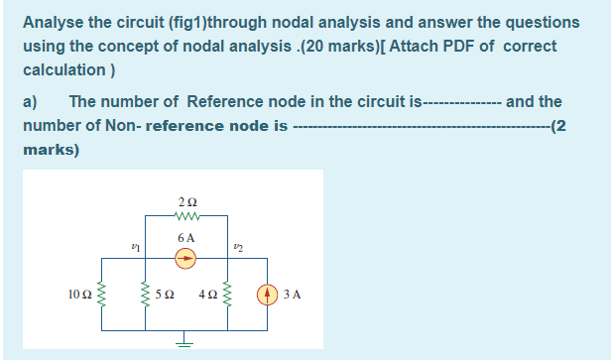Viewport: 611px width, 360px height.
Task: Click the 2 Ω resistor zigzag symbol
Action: pos(185,217)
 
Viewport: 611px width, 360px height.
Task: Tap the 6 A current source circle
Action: pos(185,258)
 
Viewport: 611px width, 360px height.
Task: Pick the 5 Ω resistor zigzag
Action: pos(146,295)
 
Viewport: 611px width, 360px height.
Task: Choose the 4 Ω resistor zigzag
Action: pos(228,295)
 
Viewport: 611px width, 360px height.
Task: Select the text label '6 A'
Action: pos(185,238)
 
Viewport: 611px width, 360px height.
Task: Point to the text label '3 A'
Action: pos(292,295)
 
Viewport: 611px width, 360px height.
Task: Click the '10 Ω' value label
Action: pos(81,295)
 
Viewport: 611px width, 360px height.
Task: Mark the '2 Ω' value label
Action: pos(185,203)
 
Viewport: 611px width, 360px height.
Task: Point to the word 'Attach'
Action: pos(401,46)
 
